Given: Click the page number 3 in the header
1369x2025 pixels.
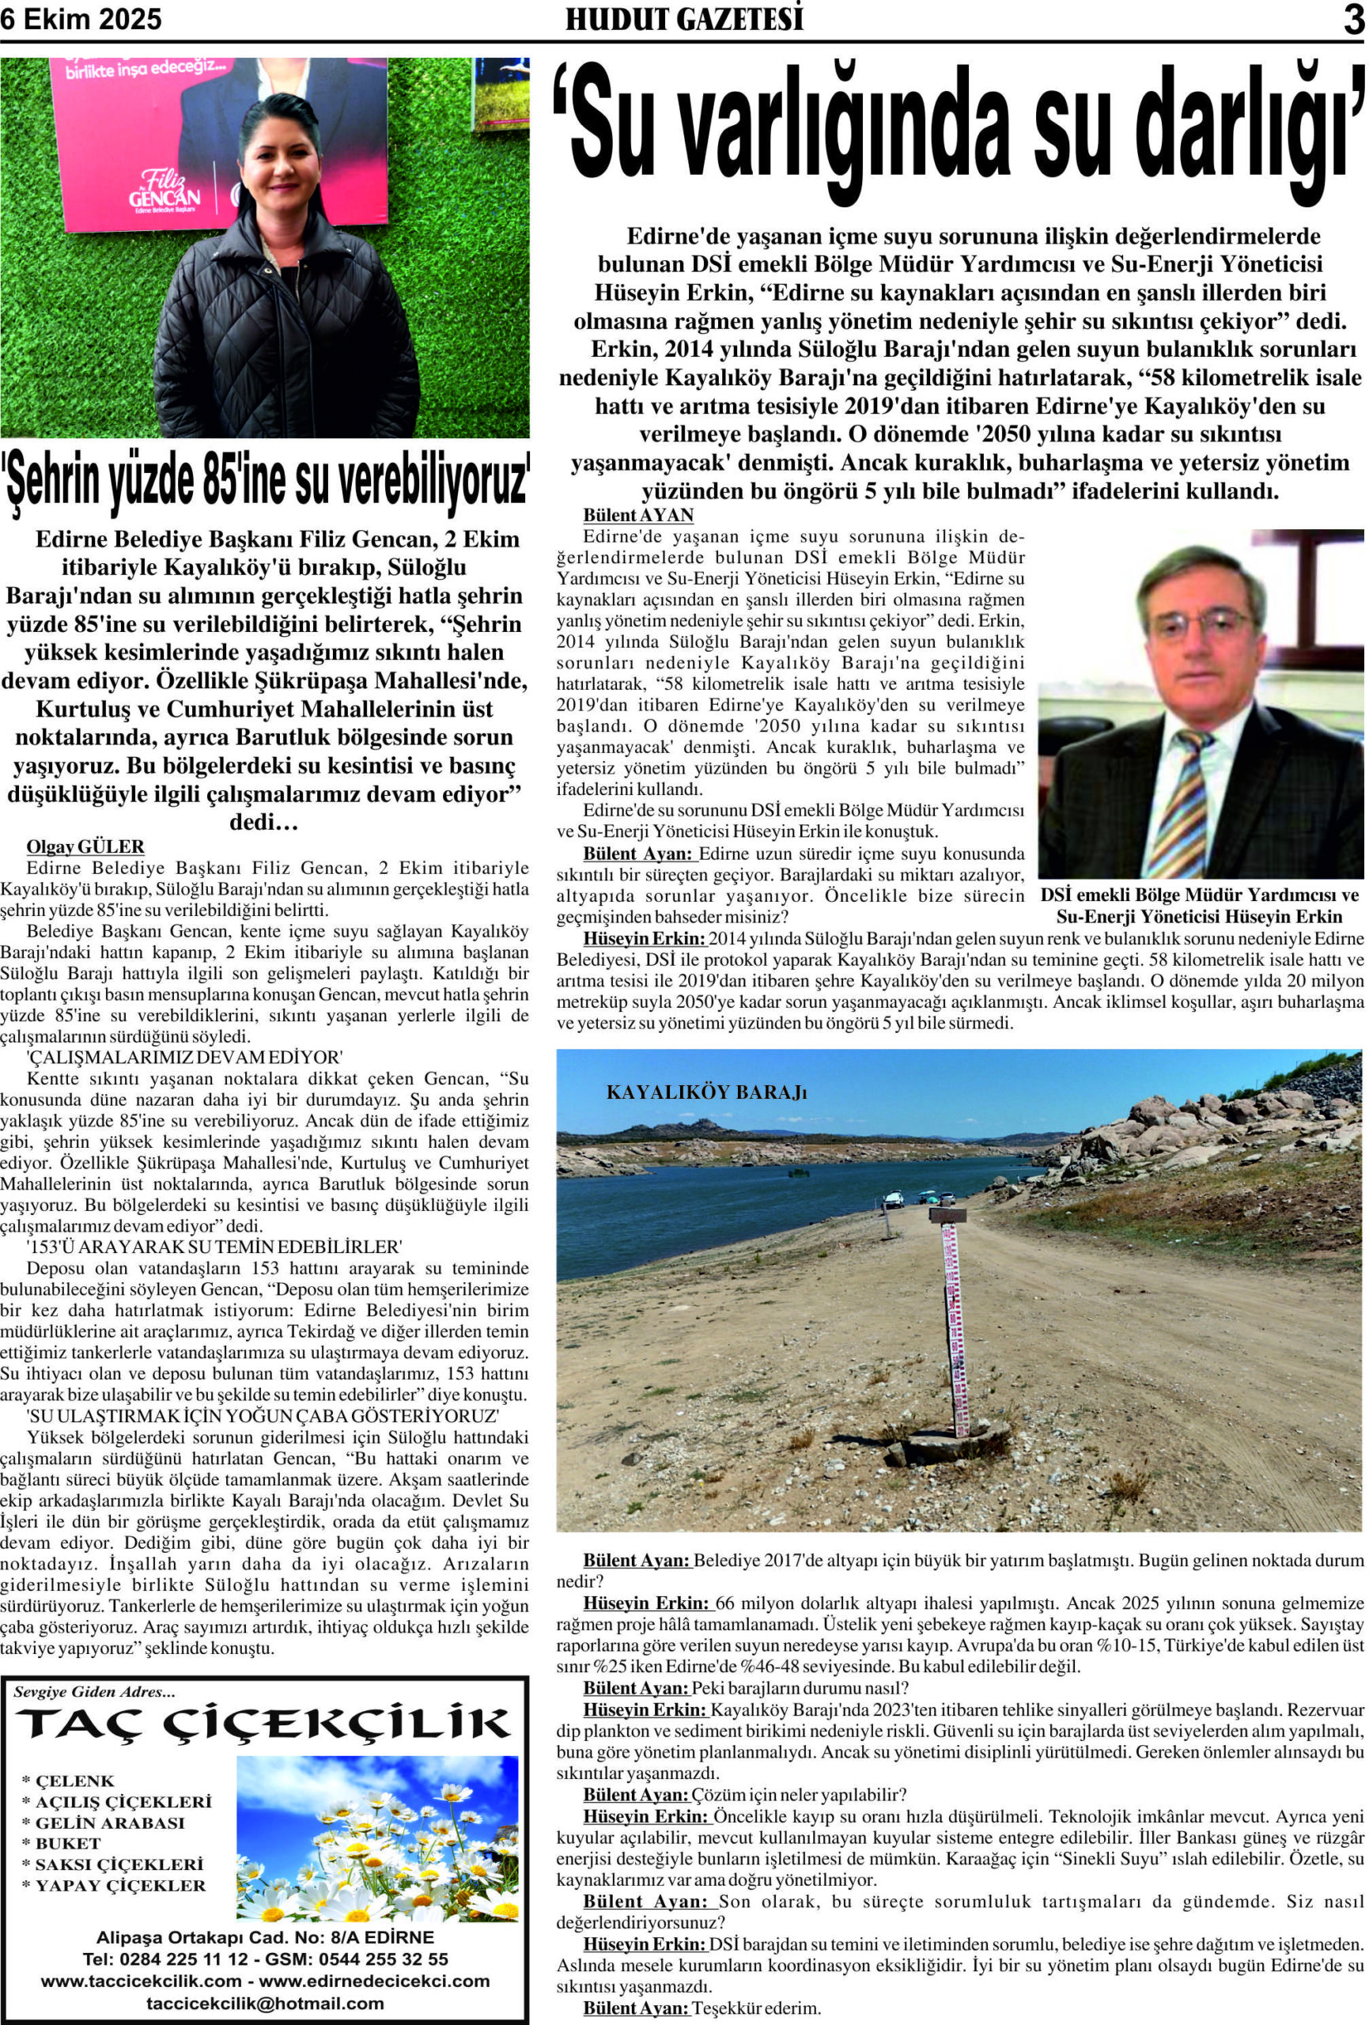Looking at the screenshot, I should click(x=1352, y=19).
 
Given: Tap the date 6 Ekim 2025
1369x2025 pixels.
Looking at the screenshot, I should click(x=81, y=19).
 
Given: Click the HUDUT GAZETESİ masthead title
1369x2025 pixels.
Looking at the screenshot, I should click(x=684, y=19).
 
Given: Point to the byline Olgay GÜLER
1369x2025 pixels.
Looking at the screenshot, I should click(x=85, y=846).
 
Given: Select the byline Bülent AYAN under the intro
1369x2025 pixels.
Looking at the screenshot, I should click(x=638, y=515).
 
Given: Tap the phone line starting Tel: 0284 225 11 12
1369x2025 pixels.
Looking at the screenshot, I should click(x=265, y=1959).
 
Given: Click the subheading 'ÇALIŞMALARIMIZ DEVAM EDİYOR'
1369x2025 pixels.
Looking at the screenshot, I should click(x=185, y=1058).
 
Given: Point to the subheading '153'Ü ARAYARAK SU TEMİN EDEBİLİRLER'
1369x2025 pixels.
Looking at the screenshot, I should click(x=214, y=1247).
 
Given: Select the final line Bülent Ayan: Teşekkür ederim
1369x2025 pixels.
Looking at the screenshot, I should click(x=702, y=2008).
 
